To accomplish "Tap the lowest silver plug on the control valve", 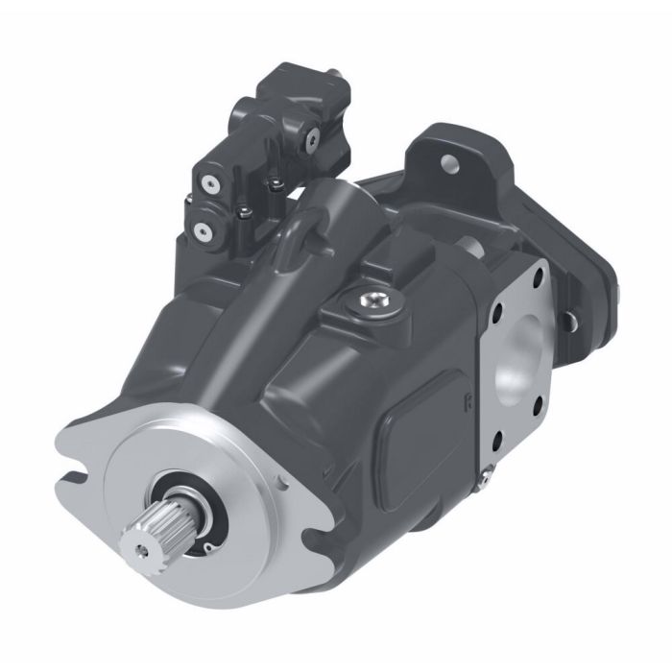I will coord(202,231).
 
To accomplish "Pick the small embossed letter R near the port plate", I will coord(467,400).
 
